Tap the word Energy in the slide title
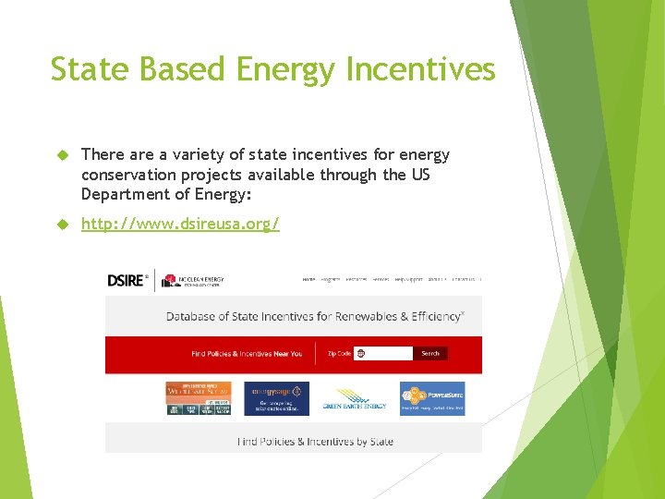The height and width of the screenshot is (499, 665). (272, 69)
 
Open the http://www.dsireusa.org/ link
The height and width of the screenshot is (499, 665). (180, 224)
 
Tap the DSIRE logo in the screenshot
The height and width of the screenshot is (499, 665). (127, 280)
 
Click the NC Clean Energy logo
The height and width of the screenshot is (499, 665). (194, 280)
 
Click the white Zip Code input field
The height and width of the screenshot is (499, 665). (383, 353)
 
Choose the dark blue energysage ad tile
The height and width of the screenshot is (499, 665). (276, 398)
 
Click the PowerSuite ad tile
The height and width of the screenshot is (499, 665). (432, 398)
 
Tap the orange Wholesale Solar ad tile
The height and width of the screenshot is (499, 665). (198, 398)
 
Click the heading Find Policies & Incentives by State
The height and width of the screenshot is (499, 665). (315, 441)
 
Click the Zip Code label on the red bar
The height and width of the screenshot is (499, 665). (340, 353)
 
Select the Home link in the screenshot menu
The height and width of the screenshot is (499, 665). (308, 278)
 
